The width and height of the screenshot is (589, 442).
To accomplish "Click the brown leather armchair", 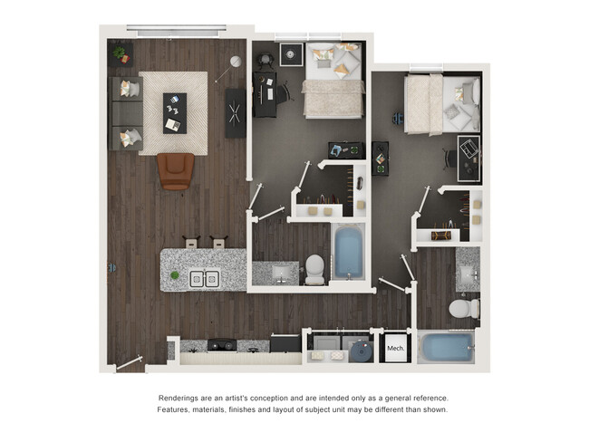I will [176, 170].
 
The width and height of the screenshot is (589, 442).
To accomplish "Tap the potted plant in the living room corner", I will [119, 53].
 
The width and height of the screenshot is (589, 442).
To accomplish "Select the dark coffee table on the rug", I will [175, 112].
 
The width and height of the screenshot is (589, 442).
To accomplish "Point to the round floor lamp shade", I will [235, 62].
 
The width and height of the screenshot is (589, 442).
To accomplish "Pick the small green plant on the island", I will [175, 274].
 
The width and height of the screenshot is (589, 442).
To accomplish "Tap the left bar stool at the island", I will [191, 243].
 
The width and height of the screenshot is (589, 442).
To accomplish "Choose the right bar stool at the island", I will [217, 243].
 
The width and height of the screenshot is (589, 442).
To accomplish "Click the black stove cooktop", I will [221, 344].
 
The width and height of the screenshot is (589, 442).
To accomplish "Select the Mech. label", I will [395, 348].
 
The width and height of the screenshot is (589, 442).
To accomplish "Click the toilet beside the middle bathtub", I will [314, 268].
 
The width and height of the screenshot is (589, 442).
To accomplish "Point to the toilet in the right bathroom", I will [464, 309].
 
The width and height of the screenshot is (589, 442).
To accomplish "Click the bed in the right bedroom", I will [442, 104].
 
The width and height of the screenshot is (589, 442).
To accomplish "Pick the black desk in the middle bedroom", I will [265, 95].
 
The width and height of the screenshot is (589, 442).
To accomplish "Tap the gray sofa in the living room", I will [125, 113].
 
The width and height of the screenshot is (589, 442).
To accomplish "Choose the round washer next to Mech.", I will [360, 350].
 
